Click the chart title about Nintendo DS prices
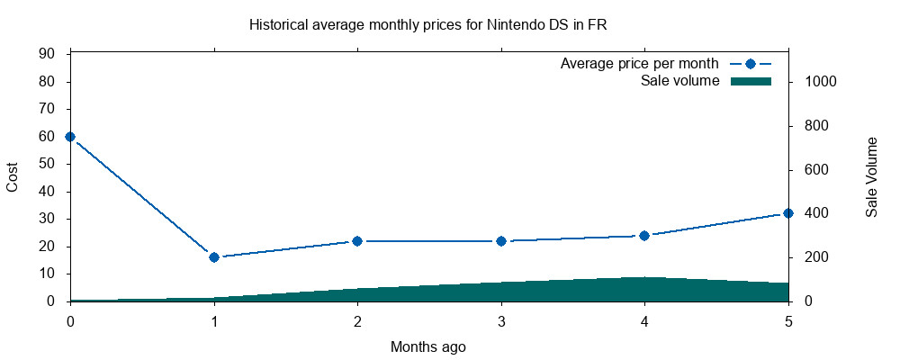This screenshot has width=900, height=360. coord(427,24)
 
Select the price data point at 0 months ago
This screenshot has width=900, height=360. coord(70,137)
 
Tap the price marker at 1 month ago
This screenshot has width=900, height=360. coord(214,257)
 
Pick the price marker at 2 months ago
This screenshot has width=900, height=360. coord(357,241)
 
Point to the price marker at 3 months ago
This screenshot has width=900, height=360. coord(501,241)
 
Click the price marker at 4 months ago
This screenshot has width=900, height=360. coord(644,236)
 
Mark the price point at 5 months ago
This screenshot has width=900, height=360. coord(788,213)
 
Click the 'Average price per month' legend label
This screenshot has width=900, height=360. coord(639,64)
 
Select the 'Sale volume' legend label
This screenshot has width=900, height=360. coord(679,81)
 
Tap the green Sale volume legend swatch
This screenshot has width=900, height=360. coord(751,81)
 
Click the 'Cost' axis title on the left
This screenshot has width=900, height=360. coord(13,177)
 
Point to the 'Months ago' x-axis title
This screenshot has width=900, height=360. coord(428,346)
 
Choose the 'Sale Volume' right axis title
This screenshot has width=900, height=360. coord(871,177)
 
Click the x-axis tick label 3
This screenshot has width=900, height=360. coord(501,320)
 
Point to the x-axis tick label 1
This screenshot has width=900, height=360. coord(214,320)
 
